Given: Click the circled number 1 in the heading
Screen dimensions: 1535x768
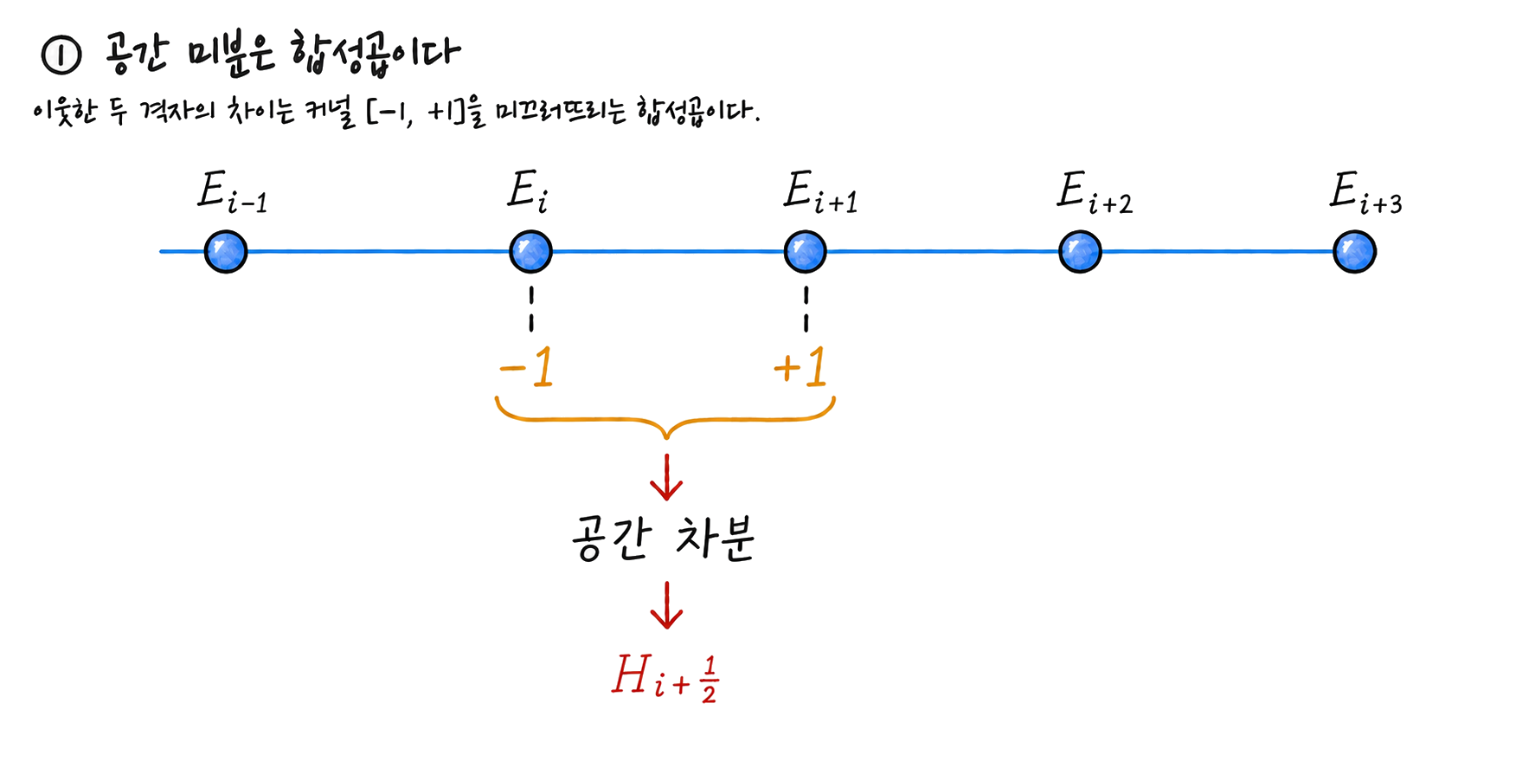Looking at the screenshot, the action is [61, 55].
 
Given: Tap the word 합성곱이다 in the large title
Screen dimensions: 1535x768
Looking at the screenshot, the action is [376, 54].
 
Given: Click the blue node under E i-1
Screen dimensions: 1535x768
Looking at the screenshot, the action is [226, 252].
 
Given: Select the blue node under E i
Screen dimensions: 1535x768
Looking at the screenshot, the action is [530, 252].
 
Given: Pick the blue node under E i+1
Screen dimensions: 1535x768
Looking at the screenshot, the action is [805, 252].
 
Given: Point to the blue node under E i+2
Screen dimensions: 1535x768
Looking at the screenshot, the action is [1080, 252].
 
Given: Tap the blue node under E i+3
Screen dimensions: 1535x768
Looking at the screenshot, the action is [1354, 252].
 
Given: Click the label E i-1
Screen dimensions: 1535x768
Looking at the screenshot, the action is [232, 192].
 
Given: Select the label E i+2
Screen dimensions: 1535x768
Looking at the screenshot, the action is [1095, 192].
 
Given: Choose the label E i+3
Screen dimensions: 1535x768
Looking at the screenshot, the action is [1366, 192].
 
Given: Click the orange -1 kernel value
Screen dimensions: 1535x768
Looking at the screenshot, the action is [527, 367].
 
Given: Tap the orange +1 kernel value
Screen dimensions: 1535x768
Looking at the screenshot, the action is [800, 367].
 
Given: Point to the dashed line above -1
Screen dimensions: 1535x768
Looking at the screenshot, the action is [531, 309].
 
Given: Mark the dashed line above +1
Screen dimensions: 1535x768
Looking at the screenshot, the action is [806, 309].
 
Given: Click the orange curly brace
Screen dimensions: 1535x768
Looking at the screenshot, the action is [665, 421].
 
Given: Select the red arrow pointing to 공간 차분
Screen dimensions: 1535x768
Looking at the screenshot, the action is [666, 477].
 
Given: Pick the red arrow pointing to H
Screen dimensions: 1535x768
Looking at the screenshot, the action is [666, 605].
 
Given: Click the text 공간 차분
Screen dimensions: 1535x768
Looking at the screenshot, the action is [663, 539].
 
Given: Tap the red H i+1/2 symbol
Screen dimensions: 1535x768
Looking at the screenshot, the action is [665, 678].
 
